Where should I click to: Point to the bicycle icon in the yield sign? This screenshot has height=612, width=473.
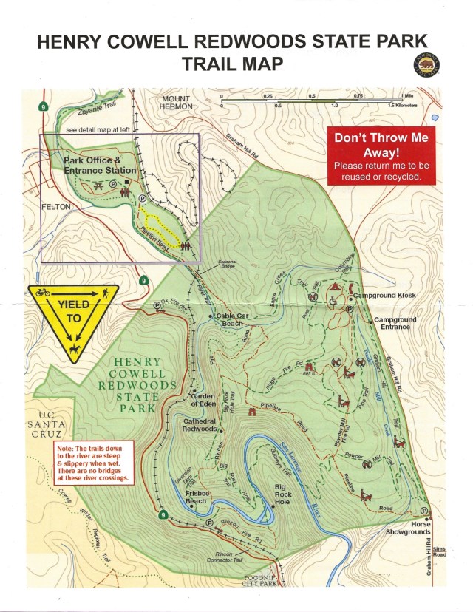[x=44, y=293]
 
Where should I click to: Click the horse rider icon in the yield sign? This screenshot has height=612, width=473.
[x=74, y=347]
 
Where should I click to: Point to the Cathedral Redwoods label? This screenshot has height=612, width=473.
[x=200, y=424]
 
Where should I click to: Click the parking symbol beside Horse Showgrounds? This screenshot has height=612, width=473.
[x=424, y=511]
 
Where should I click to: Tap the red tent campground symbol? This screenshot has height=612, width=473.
[x=334, y=286]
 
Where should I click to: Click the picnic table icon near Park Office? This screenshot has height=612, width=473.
[x=98, y=188]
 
